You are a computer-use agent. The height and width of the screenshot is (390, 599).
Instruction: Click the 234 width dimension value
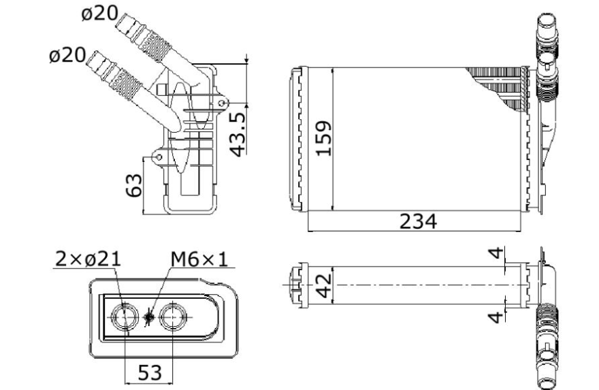point(418,222)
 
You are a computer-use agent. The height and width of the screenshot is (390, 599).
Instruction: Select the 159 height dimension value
point(324,138)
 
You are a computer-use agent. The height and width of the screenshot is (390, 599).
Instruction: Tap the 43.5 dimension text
point(238,135)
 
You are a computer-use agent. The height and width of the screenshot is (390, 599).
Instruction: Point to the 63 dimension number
point(133,185)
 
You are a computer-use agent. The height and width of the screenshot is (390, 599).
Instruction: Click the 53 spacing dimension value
point(150,372)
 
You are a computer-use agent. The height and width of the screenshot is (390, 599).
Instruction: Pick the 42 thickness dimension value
point(325,286)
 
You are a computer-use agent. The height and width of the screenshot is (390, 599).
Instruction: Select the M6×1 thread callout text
point(199,259)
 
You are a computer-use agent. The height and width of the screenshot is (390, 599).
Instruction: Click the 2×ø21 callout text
point(88,259)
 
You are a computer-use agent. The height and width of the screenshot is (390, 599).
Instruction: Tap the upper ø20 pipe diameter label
point(99,14)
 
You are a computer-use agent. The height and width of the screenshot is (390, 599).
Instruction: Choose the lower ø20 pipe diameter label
point(67,55)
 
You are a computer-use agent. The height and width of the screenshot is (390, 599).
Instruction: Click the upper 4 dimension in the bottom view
point(496,253)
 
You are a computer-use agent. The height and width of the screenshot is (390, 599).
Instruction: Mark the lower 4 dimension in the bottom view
point(496,317)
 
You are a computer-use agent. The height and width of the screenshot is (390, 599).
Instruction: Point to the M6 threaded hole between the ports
point(149,316)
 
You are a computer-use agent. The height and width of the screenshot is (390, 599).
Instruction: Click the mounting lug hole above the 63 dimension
point(159,157)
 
